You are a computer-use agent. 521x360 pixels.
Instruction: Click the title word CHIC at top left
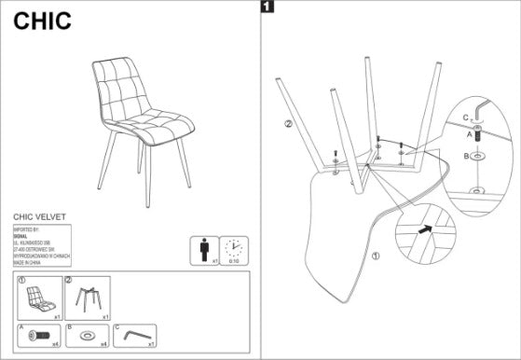(42, 21)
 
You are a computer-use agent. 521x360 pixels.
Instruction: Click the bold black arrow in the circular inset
(424, 227)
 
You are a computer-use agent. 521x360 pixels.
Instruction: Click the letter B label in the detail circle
(465, 156)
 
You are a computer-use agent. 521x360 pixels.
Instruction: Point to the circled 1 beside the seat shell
(376, 255)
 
